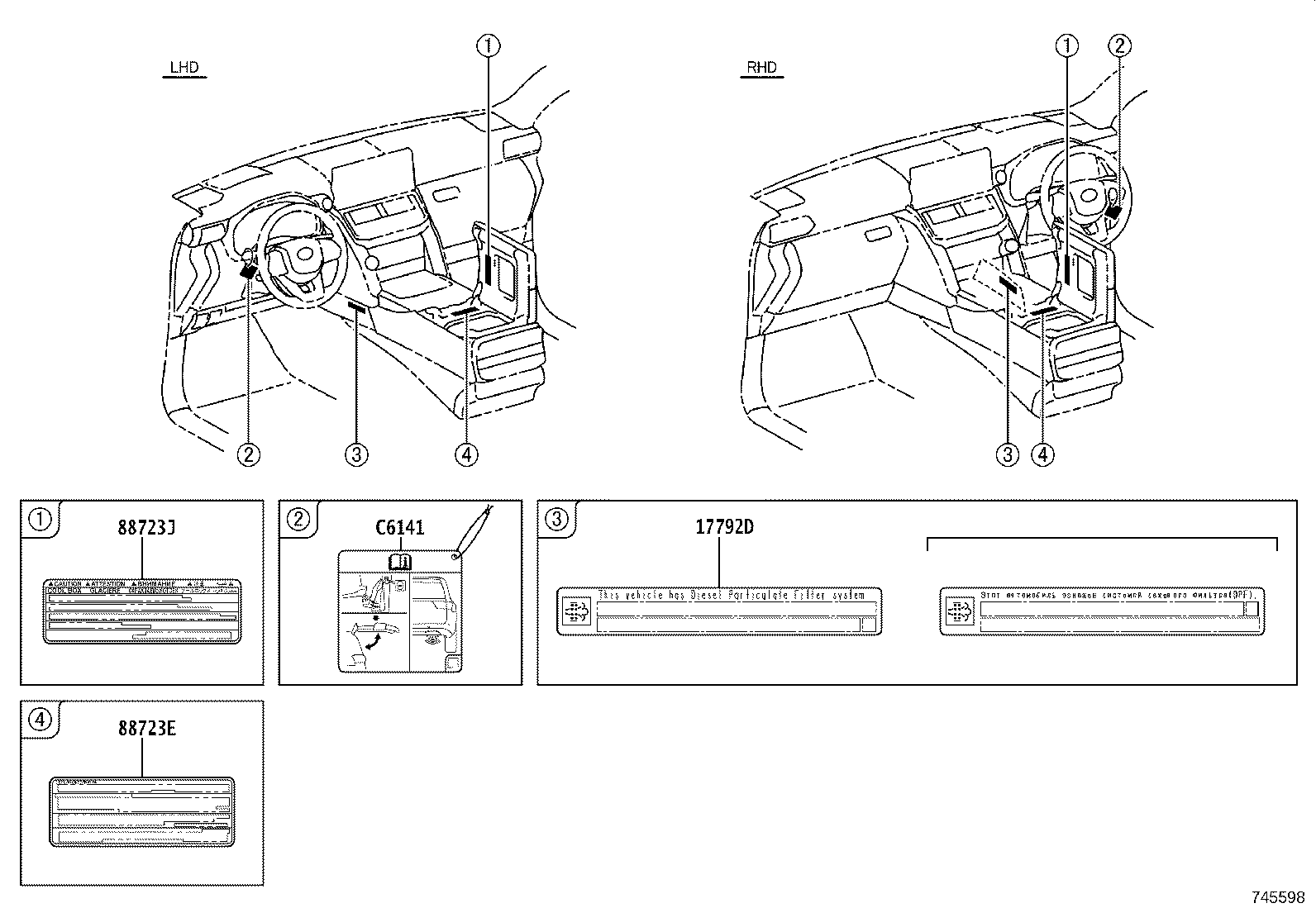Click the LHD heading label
click(x=184, y=68)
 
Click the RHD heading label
click(x=761, y=68)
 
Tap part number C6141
click(x=400, y=526)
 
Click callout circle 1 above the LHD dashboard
click(x=488, y=46)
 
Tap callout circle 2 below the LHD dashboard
click(x=249, y=454)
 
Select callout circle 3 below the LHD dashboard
click(x=356, y=454)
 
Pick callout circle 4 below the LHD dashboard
click(x=466, y=454)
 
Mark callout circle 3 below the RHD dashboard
click(x=1008, y=454)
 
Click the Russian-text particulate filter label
click(x=1104, y=611)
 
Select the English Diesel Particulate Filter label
click(x=719, y=611)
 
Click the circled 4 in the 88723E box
click(x=39, y=720)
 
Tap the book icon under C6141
click(x=400, y=562)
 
